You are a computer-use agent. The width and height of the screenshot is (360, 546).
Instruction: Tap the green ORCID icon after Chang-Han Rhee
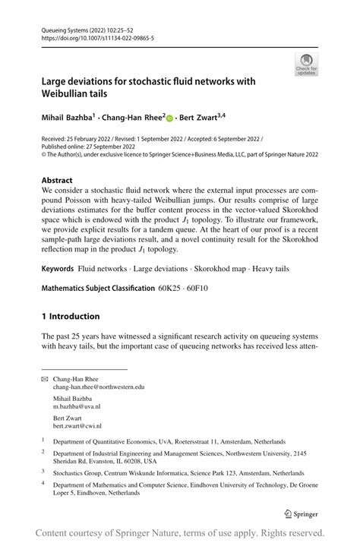(169, 118)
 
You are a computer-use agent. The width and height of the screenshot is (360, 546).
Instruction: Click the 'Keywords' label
(58, 269)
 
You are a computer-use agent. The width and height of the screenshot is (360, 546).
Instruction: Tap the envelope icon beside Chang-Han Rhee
(44, 377)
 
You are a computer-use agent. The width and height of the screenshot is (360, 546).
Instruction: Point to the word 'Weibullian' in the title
(74, 95)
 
